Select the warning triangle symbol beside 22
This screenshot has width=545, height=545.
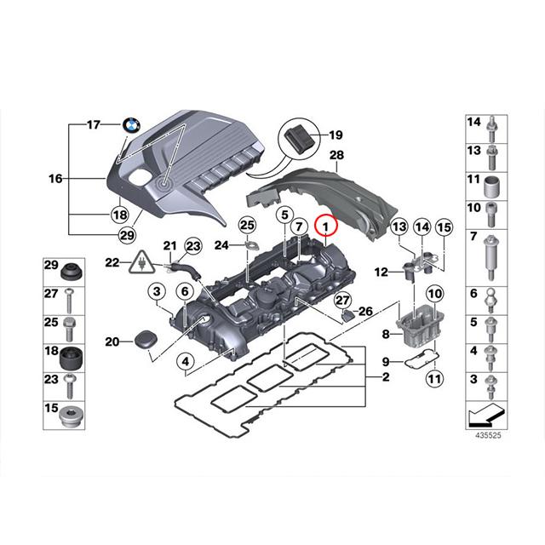(x=136, y=263)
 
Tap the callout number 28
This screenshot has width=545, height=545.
(x=336, y=155)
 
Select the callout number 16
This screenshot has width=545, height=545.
(x=56, y=180)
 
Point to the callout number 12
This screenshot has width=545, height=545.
(x=382, y=272)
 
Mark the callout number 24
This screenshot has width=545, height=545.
(x=222, y=245)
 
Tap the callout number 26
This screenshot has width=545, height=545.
(x=364, y=311)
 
